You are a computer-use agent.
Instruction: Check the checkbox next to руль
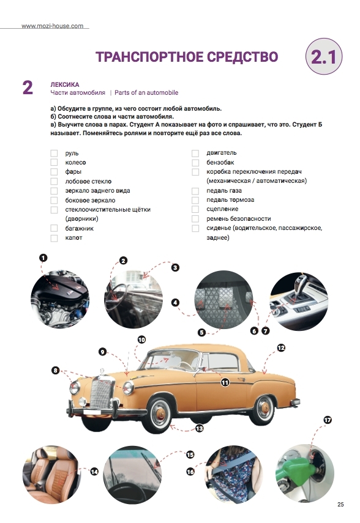click(x=54, y=153)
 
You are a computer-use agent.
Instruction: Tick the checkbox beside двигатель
click(x=195, y=153)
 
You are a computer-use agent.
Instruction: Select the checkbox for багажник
click(x=54, y=228)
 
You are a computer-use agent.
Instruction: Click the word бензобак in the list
click(x=220, y=163)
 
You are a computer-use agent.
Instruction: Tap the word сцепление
click(x=222, y=209)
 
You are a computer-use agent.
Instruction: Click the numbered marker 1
click(x=43, y=258)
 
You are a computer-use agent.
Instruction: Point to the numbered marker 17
click(x=328, y=420)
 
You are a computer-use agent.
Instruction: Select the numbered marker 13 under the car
click(x=200, y=428)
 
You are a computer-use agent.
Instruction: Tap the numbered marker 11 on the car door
click(x=225, y=382)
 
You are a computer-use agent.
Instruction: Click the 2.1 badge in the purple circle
click(x=324, y=56)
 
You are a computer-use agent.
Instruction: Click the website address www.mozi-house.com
click(x=53, y=26)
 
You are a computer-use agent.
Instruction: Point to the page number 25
click(x=340, y=504)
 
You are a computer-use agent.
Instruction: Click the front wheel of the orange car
click(x=160, y=414)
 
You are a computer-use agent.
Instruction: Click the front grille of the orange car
click(x=100, y=393)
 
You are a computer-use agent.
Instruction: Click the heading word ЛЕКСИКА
click(x=65, y=85)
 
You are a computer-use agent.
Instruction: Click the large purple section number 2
click(x=28, y=87)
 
